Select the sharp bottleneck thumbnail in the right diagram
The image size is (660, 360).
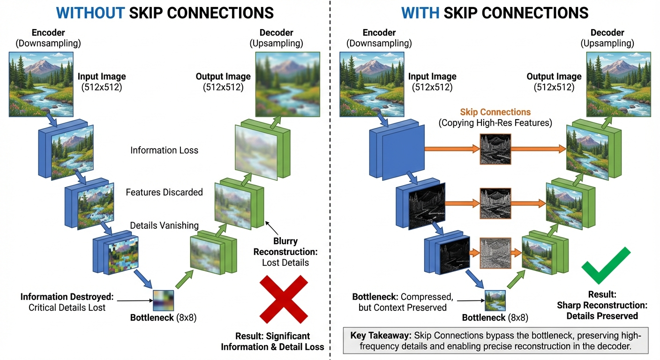(x=495, y=301)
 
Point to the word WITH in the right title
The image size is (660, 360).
(x=420, y=13)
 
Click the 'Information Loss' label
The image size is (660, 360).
(x=164, y=150)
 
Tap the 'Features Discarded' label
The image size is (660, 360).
(x=164, y=192)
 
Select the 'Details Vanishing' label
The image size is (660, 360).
(x=164, y=225)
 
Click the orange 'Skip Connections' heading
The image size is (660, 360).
(x=495, y=112)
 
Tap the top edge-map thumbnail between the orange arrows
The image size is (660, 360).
(x=495, y=149)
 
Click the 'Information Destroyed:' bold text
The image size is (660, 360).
(x=67, y=297)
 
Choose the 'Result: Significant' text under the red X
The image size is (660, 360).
(x=272, y=336)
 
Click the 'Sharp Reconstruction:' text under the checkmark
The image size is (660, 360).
(x=602, y=305)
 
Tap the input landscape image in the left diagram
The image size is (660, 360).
(x=41, y=84)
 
